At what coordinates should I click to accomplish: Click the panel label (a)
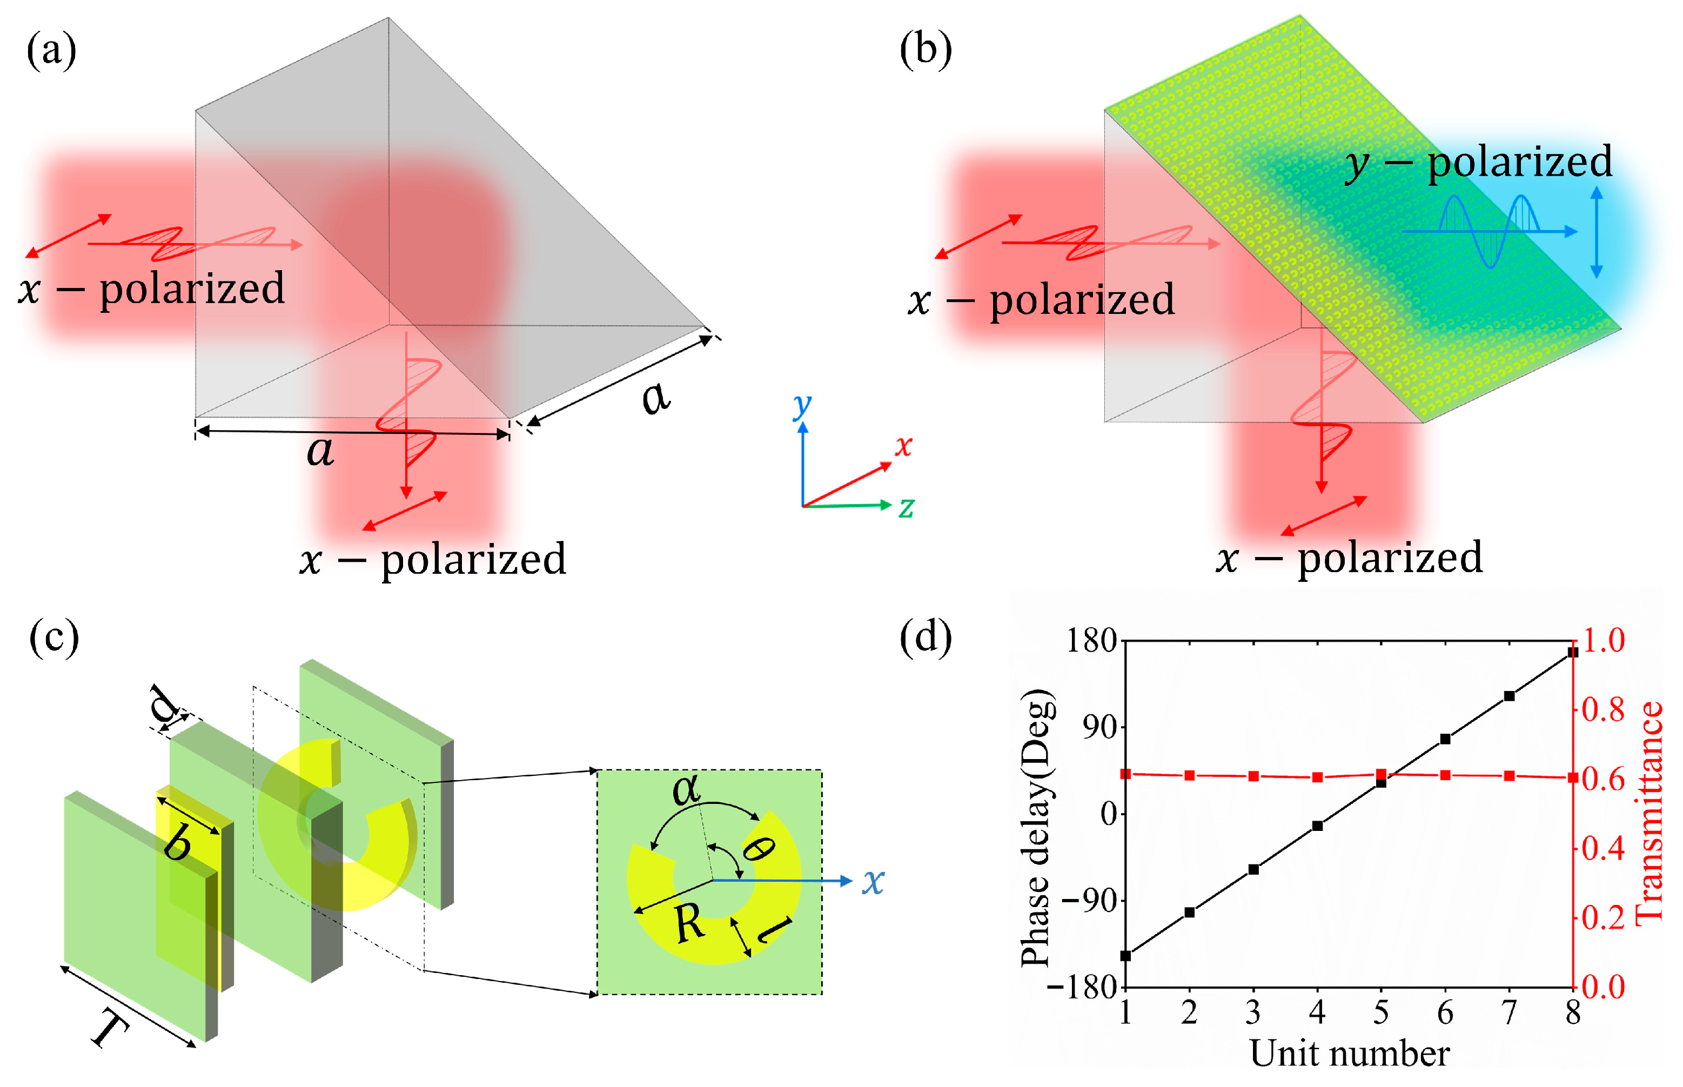pyautogui.click(x=51, y=51)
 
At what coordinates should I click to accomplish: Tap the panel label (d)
pyautogui.click(x=925, y=638)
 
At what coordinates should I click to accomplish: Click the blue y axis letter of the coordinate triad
pyautogui.click(x=802, y=405)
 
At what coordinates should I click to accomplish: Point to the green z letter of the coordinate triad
pyautogui.click(x=906, y=507)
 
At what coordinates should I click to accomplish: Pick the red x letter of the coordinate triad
pyautogui.click(x=903, y=446)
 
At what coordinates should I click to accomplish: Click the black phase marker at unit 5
pyautogui.click(x=1381, y=783)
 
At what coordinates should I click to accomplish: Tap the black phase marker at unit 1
pyautogui.click(x=1125, y=956)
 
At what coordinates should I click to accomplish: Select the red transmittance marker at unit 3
pyautogui.click(x=1253, y=776)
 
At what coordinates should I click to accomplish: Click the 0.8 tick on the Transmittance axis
pyautogui.click(x=1603, y=710)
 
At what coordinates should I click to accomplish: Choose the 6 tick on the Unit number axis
pyautogui.click(x=1445, y=1014)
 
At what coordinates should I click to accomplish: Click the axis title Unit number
pyautogui.click(x=1349, y=1053)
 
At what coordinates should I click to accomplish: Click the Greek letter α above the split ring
pyautogui.click(x=686, y=788)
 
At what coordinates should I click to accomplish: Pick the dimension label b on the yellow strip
pyautogui.click(x=177, y=843)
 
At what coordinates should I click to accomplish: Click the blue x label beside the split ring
pyautogui.click(x=874, y=882)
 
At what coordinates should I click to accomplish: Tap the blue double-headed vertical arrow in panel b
pyautogui.click(x=1596, y=232)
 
